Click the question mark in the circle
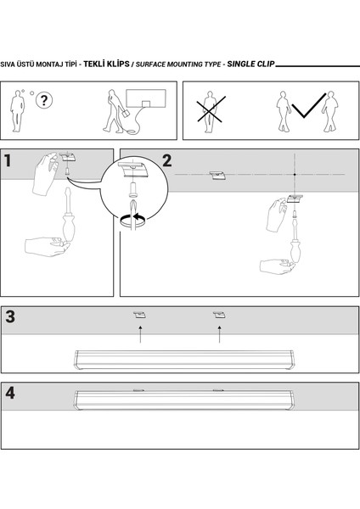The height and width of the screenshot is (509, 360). [44, 100]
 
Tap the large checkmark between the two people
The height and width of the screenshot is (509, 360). [308, 105]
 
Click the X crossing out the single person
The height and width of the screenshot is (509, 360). [211, 109]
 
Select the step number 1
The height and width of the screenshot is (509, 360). [8, 160]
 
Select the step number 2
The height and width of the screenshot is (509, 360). [167, 160]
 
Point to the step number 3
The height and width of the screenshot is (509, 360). [10, 316]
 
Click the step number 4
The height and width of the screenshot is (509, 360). [10, 393]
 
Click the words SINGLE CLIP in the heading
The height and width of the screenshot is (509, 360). [250, 64]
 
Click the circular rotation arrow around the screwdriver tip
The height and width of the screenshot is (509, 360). [133, 220]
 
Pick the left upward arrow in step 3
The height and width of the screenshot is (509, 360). [140, 334]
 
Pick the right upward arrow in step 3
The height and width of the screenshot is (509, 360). [220, 334]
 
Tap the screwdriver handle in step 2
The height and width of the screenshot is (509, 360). [295, 251]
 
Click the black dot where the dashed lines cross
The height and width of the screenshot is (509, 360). [295, 175]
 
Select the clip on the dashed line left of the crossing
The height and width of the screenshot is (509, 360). [217, 176]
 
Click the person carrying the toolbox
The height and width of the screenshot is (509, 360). [115, 111]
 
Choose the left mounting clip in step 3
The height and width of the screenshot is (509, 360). [139, 315]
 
